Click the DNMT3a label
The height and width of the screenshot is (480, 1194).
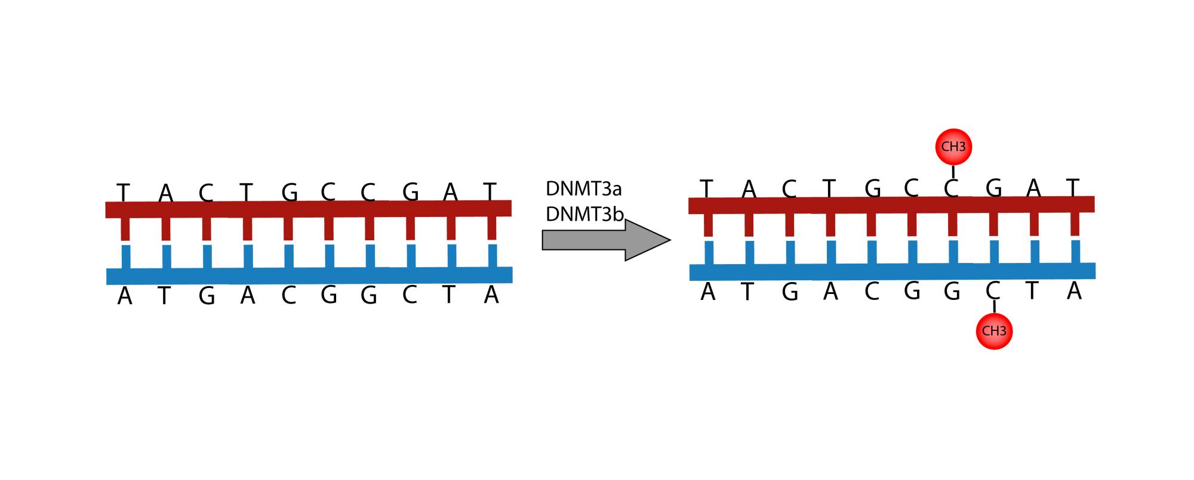pos(583,190)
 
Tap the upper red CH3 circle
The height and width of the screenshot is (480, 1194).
pos(953,147)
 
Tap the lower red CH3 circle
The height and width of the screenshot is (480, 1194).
pos(994,331)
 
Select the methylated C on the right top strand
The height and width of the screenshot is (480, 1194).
pos(951,188)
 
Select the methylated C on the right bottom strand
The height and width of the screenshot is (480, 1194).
pos(993,291)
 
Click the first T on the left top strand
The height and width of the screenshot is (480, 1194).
pos(123,193)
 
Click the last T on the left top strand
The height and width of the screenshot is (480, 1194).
pos(490,191)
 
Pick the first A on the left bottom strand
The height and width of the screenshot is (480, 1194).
pos(124,296)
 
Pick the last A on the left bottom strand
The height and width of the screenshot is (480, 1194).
pos(491,295)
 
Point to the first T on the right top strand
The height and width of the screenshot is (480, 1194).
pos(707,188)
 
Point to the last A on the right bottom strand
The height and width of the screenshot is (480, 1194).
pos(1074,291)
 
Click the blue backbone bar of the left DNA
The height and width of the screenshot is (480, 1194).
pos(309,275)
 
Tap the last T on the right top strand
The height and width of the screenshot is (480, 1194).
pos(1073,187)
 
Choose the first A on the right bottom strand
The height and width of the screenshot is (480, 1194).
pos(707,292)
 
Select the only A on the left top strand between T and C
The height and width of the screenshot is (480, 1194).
pos(165,193)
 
